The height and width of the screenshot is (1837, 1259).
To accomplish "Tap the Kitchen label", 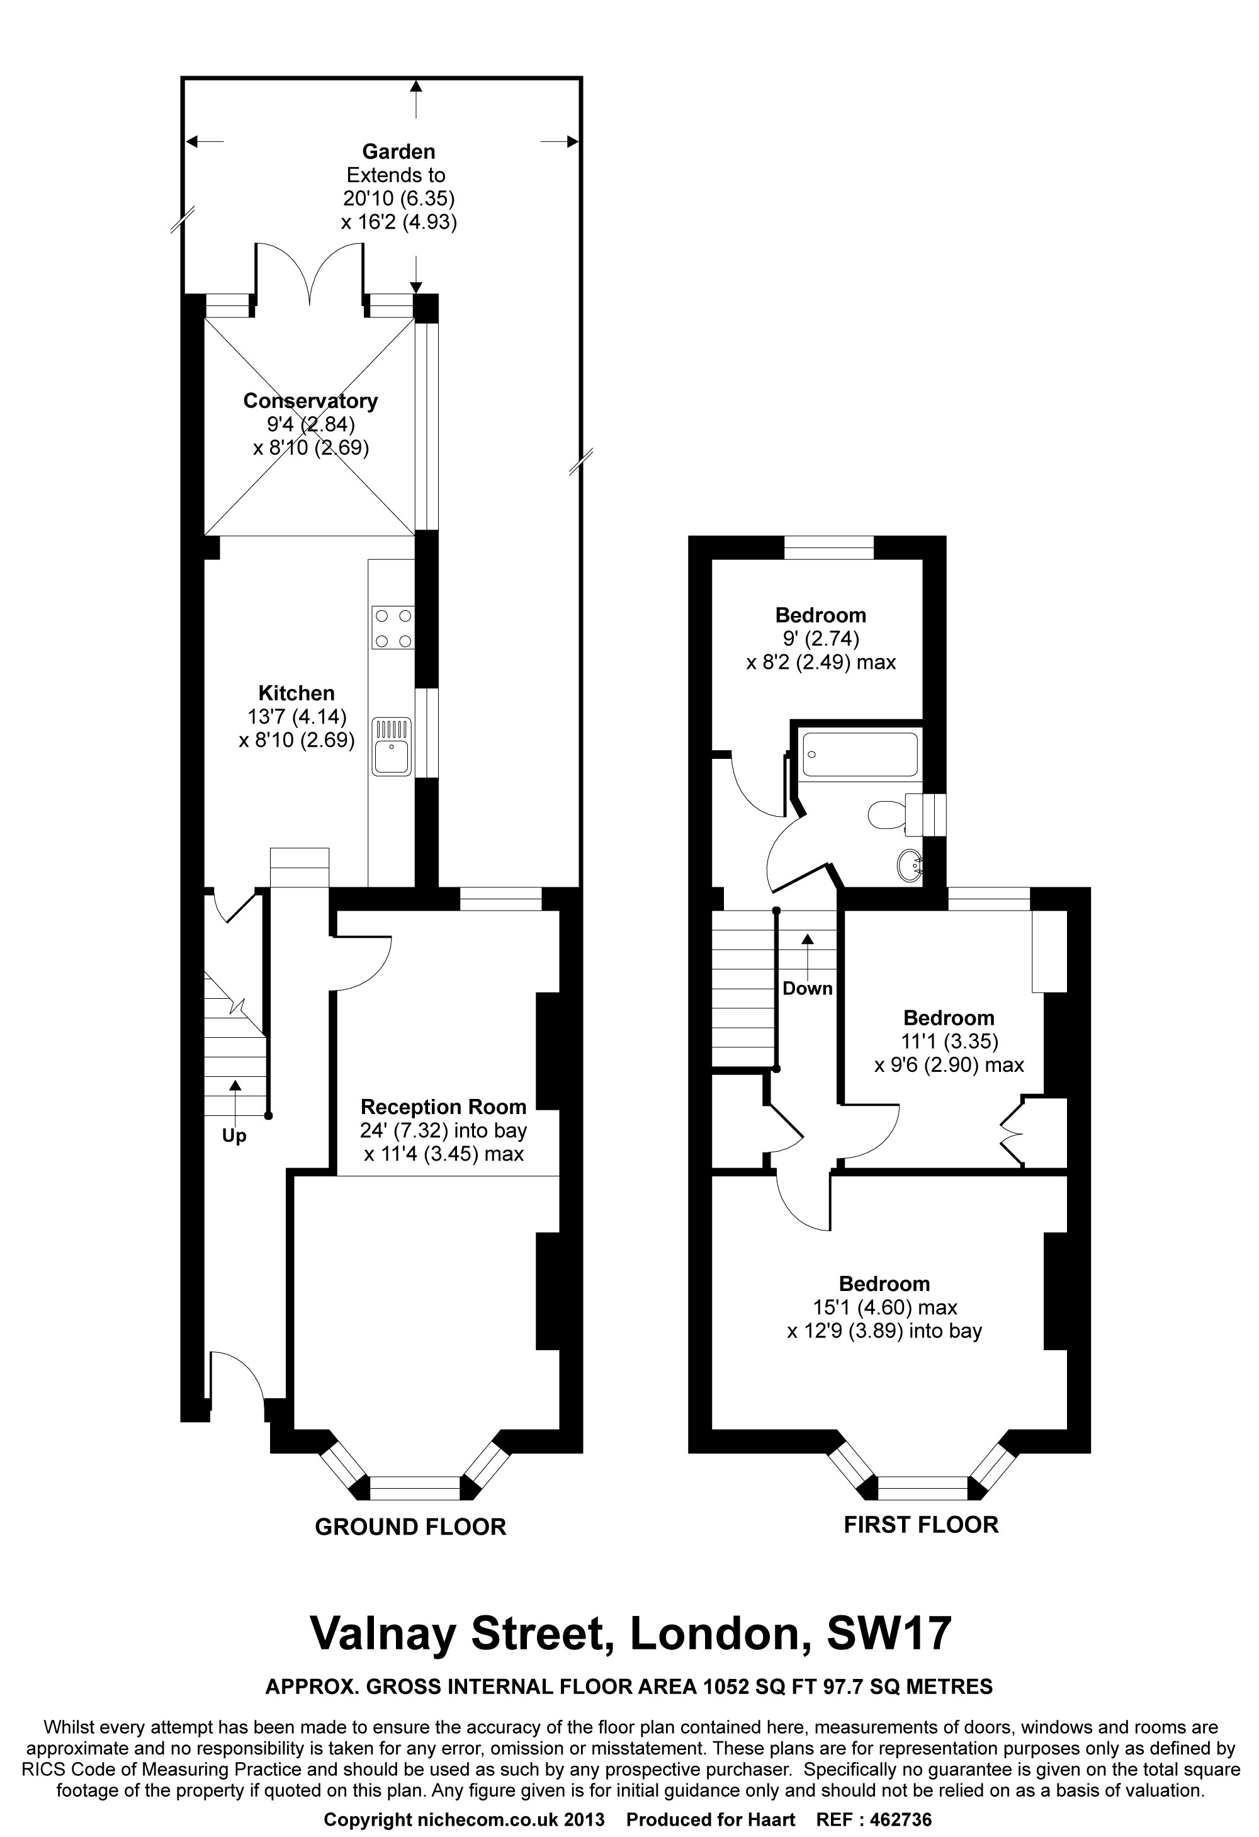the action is (x=296, y=693).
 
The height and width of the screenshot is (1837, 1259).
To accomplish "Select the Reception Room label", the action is (x=443, y=1106).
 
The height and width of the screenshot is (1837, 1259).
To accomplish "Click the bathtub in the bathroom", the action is (x=860, y=754).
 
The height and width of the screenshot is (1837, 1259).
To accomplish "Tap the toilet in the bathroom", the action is (x=888, y=815).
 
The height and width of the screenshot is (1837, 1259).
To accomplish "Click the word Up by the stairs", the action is (x=234, y=1136).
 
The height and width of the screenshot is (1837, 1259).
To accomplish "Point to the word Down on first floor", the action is (x=807, y=989).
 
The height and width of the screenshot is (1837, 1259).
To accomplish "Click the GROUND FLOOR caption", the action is (x=410, y=1527).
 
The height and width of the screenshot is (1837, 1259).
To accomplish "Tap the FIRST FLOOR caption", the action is (x=921, y=1525).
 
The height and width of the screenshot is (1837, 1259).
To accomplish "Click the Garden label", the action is (x=398, y=152).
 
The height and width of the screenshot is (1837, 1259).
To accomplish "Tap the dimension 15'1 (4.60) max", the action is (x=884, y=1307).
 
